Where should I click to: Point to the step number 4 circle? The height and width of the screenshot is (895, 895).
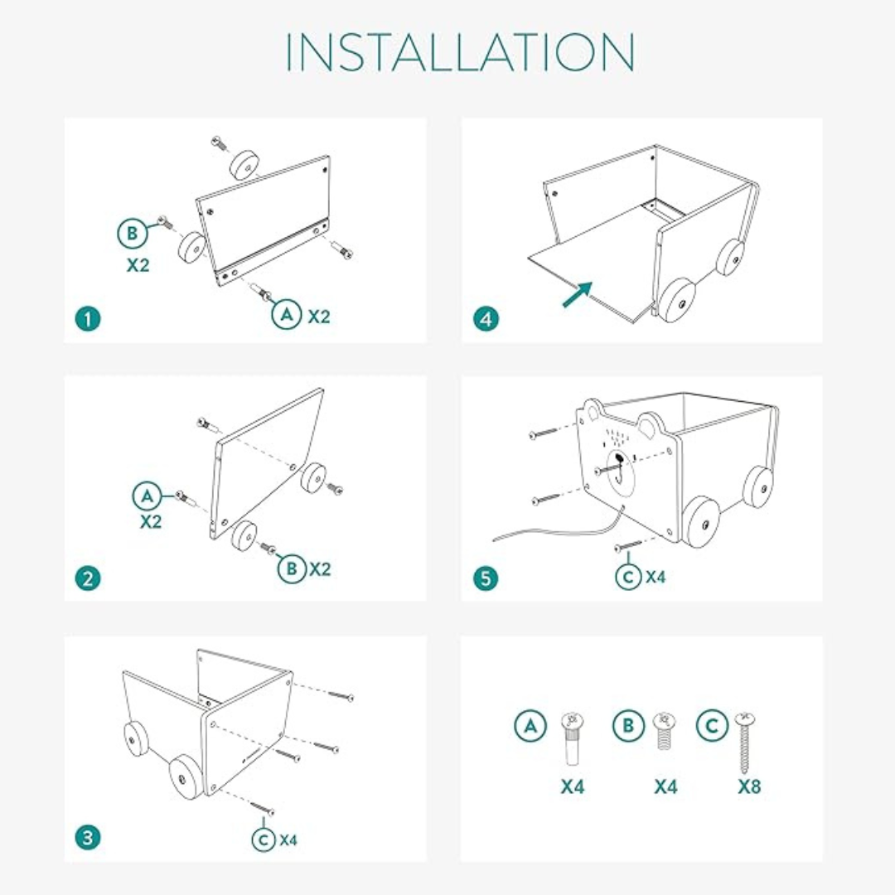(x=486, y=318)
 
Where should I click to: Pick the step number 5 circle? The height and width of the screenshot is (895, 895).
(x=486, y=578)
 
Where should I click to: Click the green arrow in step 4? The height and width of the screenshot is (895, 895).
(x=578, y=293)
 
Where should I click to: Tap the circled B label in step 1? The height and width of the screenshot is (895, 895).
(x=132, y=235)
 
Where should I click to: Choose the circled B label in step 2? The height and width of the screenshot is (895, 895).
(x=292, y=568)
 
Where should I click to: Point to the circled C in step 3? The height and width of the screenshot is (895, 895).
(x=264, y=839)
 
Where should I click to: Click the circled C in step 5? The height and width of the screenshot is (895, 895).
(x=630, y=576)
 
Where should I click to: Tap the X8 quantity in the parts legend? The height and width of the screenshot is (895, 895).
(x=749, y=786)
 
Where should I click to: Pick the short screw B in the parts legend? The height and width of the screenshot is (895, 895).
(x=662, y=730)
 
